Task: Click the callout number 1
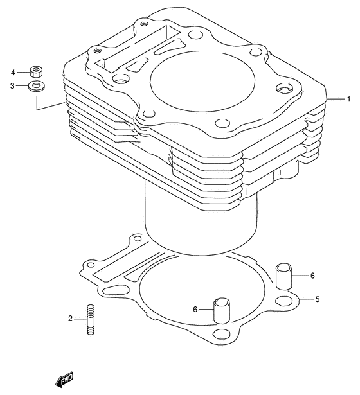(x=348, y=100)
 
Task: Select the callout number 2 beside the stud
(x=70, y=319)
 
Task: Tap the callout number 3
(x=12, y=86)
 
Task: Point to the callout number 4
(x=13, y=73)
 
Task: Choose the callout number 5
(x=318, y=299)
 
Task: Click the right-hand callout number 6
(x=312, y=276)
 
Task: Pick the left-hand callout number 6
(x=195, y=309)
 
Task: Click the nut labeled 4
(x=36, y=71)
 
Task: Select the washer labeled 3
(x=37, y=86)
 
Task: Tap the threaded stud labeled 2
(x=91, y=319)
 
